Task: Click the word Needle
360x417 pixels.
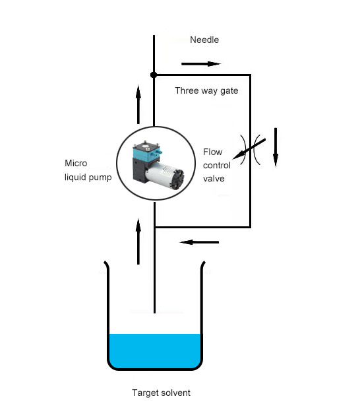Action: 204,40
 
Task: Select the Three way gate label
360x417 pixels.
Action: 206,90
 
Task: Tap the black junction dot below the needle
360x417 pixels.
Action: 154,75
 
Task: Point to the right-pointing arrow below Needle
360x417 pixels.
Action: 201,64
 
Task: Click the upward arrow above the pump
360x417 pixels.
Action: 138,104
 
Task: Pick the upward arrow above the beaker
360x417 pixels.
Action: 138,241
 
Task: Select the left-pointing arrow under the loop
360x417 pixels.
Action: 199,242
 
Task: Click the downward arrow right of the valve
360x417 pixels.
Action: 276,147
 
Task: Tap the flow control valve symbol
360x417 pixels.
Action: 250,150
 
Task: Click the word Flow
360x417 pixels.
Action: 212,152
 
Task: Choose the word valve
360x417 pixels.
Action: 214,178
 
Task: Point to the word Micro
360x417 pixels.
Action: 76,163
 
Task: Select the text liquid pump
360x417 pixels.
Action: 88,177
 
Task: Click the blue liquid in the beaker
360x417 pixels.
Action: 155,351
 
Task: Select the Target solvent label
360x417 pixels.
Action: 161,393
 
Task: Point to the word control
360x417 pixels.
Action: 216,166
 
